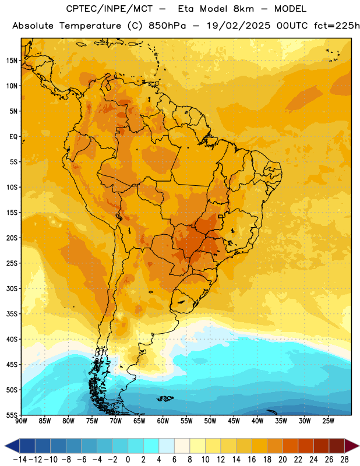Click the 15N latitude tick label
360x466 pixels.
click(12, 61)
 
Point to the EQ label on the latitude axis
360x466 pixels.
click(13, 137)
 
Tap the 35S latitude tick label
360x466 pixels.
click(12, 314)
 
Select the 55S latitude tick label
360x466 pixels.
click(12, 415)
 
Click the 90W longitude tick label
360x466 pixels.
click(21, 421)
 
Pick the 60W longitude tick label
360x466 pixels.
click(163, 421)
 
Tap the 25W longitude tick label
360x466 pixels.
click(328, 421)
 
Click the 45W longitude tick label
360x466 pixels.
click(234, 421)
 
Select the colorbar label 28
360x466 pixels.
click(344, 460)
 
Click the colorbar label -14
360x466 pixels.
click(20, 460)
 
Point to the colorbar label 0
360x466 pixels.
click(128, 460)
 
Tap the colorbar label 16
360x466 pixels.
click(252, 460)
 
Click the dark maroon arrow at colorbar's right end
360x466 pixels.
click(352, 446)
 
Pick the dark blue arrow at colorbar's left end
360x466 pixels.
click(12, 446)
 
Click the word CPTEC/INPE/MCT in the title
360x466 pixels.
click(110, 9)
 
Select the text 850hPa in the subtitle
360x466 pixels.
click(167, 26)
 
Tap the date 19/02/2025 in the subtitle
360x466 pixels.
click(238, 26)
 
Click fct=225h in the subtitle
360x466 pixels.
click(337, 26)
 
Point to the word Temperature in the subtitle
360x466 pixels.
click(90, 26)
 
